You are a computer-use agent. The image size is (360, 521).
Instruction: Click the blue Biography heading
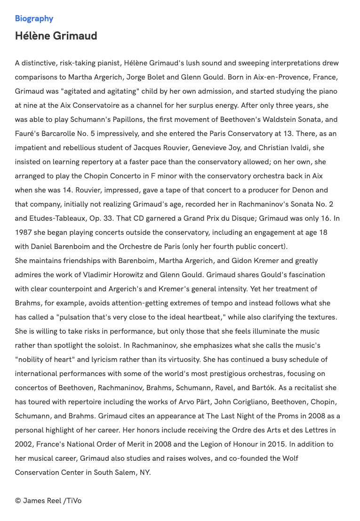coord(34,19)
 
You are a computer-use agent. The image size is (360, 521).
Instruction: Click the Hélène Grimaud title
coord(56,36)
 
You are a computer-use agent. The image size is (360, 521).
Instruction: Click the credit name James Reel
coord(42,501)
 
